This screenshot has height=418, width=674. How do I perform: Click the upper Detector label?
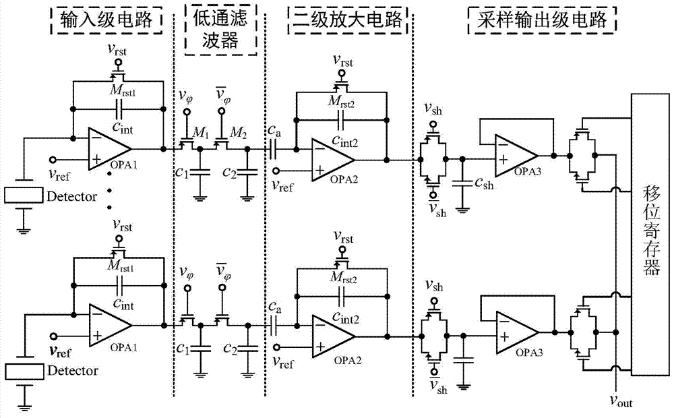73,198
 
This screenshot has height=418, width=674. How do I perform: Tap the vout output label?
617,402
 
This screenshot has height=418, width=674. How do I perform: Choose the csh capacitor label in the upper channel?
484,183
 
